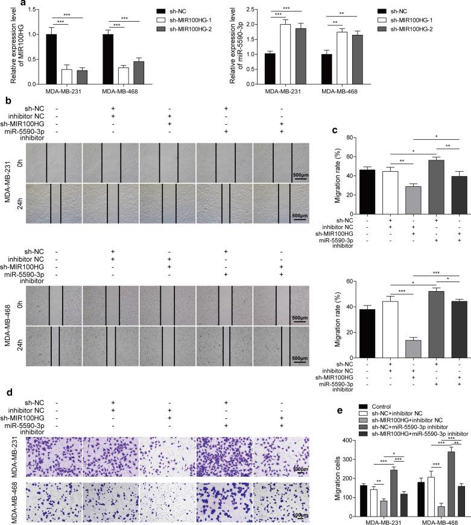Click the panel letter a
coord(5,4)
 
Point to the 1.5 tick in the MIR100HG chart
coord(25,10)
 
